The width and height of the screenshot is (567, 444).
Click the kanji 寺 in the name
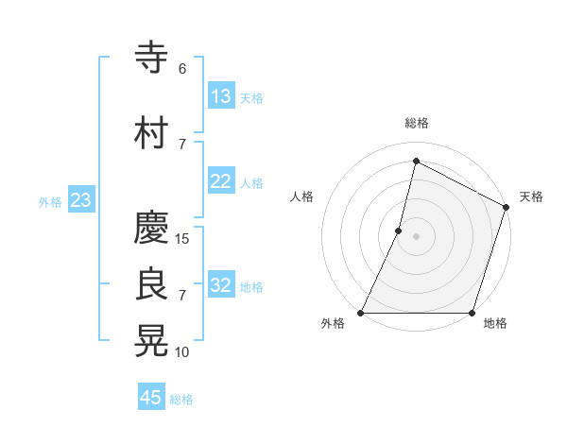[x=152, y=58]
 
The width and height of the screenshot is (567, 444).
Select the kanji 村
[x=152, y=133]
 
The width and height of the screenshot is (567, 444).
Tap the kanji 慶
[x=152, y=228]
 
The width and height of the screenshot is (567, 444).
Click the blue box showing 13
[x=221, y=95]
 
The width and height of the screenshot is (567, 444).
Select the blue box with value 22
[x=221, y=181]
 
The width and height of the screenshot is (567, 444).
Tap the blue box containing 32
[x=221, y=285]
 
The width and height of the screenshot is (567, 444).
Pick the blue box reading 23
[x=80, y=200]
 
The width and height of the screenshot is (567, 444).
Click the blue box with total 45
[x=151, y=398]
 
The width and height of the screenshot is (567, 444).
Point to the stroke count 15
[x=182, y=238]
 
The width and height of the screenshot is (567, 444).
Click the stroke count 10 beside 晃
[x=182, y=352]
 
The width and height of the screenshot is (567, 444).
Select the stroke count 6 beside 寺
[x=182, y=69]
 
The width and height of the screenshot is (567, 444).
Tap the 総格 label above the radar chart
[x=417, y=123]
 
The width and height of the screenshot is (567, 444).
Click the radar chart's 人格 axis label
[x=302, y=196]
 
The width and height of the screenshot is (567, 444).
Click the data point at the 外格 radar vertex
[x=361, y=313]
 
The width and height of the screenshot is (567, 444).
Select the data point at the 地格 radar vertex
[x=472, y=313]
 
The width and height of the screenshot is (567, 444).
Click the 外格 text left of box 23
[x=50, y=201]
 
